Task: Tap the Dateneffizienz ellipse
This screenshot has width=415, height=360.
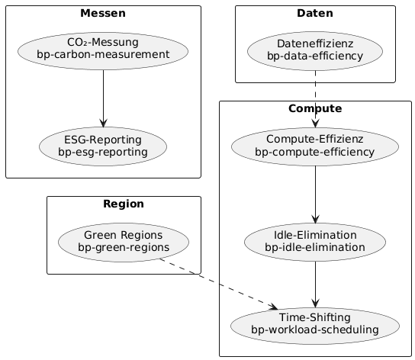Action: pyautogui.click(x=315, y=49)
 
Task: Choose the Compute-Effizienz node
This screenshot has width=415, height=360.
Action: pyautogui.click(x=315, y=145)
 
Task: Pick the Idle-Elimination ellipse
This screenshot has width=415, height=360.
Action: pyautogui.click(x=315, y=241)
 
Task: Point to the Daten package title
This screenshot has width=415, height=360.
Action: pyautogui.click(x=315, y=13)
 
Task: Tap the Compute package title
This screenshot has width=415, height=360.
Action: pyautogui.click(x=315, y=109)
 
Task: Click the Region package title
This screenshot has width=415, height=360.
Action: pyautogui.click(x=123, y=204)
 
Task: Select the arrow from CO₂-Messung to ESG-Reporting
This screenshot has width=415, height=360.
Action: pyautogui.click(x=102, y=96)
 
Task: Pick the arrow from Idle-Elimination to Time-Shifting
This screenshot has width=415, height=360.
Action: pyautogui.click(x=315, y=282)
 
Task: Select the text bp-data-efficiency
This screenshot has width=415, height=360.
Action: pyautogui.click(x=315, y=55)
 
